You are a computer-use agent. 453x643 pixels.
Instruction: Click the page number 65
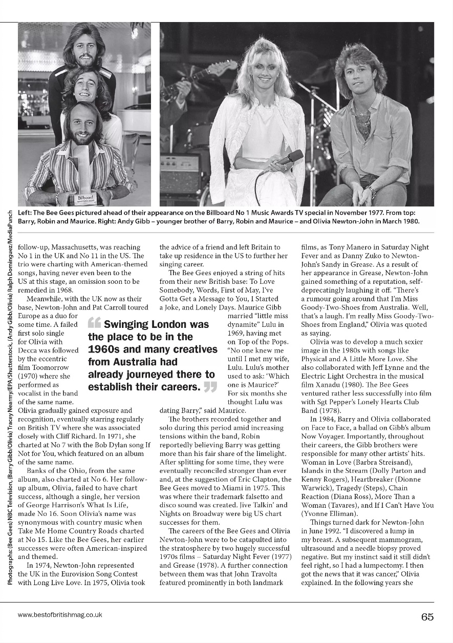427,617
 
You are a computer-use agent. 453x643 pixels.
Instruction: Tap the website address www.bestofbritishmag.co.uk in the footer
60,614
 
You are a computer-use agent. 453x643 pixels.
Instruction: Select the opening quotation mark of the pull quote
94,323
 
